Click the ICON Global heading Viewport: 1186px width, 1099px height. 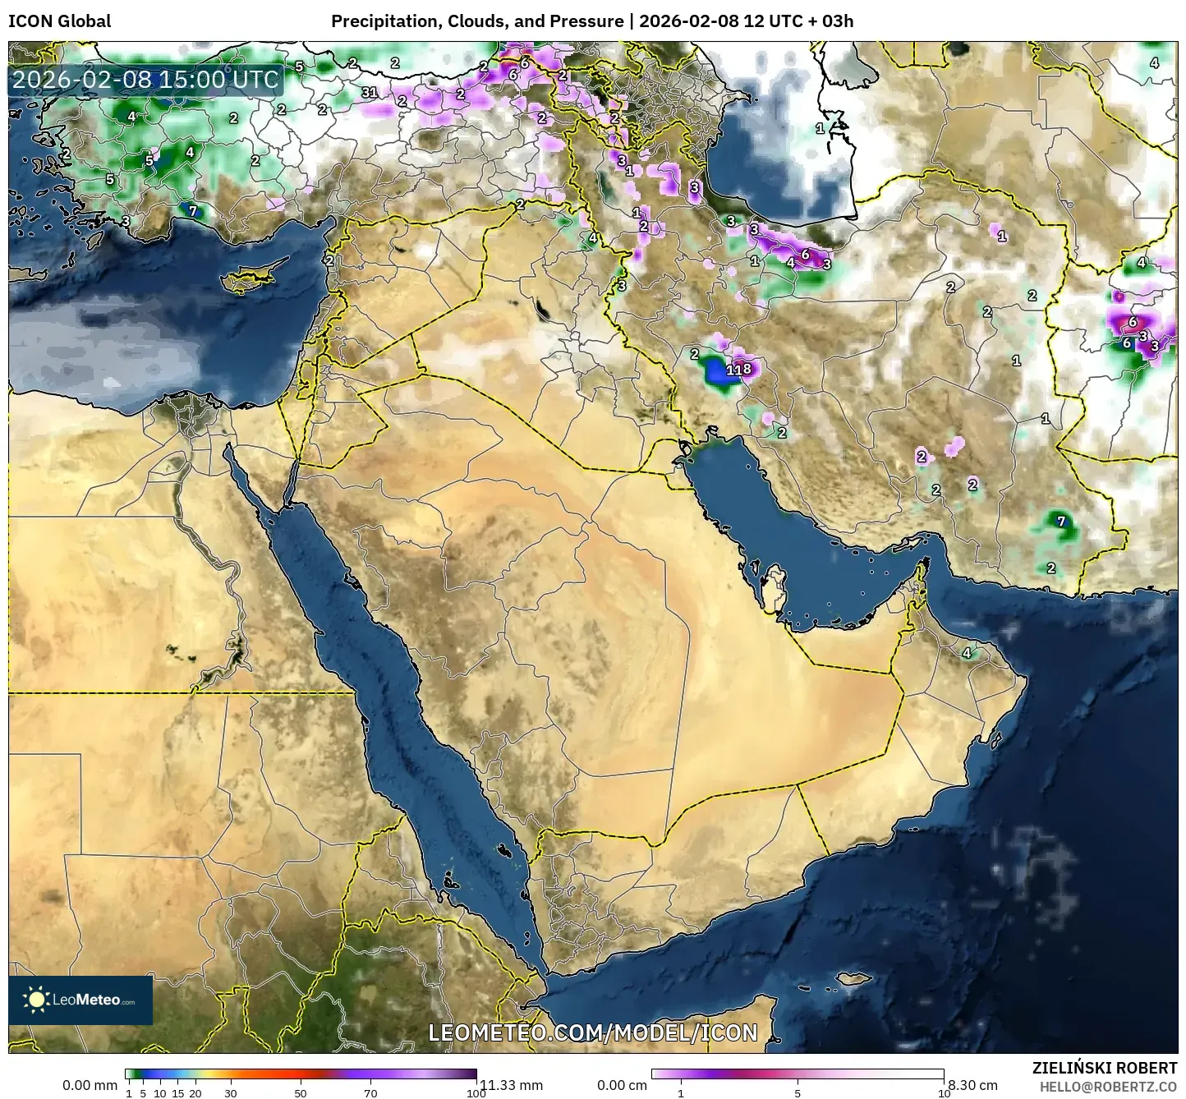pyautogui.click(x=59, y=21)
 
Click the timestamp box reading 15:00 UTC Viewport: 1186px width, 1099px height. pyautogui.click(x=145, y=80)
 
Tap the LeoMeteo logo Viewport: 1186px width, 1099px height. pyautogui.click(x=80, y=1000)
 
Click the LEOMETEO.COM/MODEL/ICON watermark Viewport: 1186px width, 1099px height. pyautogui.click(x=593, y=1032)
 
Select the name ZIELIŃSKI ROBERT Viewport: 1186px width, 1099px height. pyautogui.click(x=1105, y=1067)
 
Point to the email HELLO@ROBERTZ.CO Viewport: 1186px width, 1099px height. pyautogui.click(x=1108, y=1086)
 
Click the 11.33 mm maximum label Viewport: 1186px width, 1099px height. pyautogui.click(x=511, y=1085)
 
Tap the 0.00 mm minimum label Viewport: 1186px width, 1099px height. pyautogui.click(x=90, y=1085)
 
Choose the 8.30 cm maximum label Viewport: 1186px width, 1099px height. pyautogui.click(x=972, y=1085)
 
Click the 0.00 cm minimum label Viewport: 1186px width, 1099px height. pyautogui.click(x=622, y=1085)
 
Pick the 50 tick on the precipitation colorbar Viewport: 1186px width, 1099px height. pyautogui.click(x=301, y=1092)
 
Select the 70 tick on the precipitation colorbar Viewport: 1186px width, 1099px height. pyautogui.click(x=371, y=1092)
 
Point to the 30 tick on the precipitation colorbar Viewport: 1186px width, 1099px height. pyautogui.click(x=231, y=1092)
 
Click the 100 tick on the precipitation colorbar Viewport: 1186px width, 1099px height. pyautogui.click(x=476, y=1092)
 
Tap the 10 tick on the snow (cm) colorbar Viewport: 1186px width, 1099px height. pyautogui.click(x=945, y=1092)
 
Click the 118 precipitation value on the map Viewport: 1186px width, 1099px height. pyautogui.click(x=738, y=370)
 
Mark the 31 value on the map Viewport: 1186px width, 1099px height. pyautogui.click(x=370, y=92)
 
